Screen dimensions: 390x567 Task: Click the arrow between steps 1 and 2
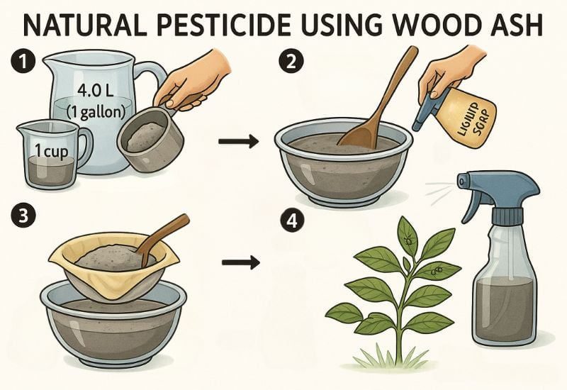tap(239, 142)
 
